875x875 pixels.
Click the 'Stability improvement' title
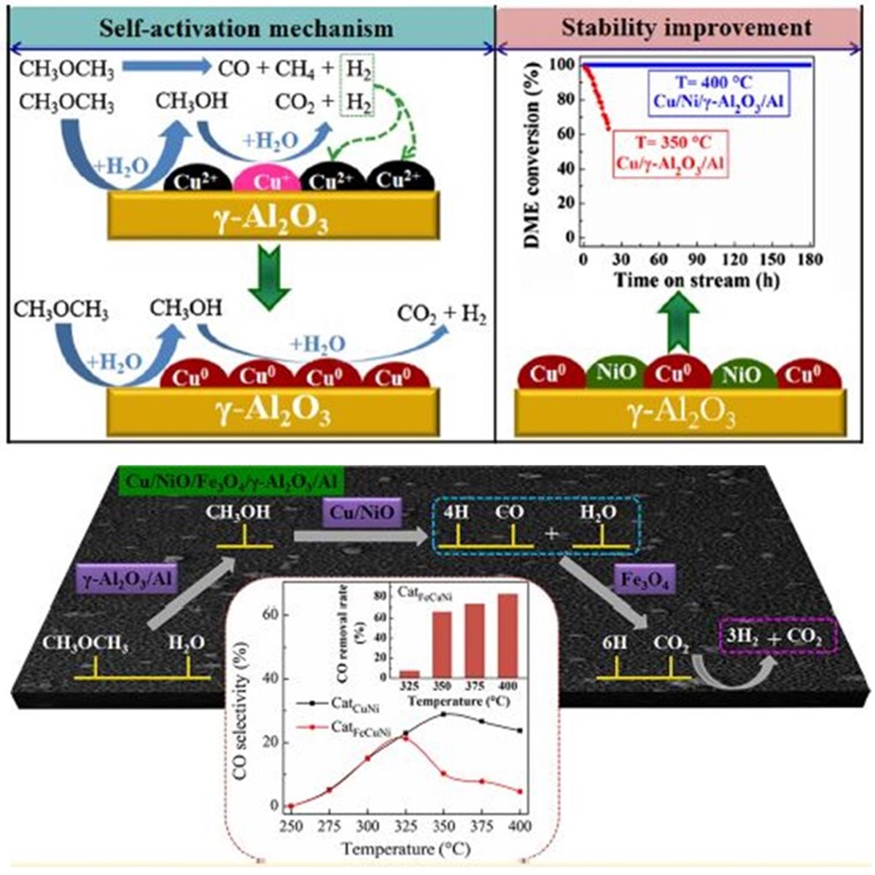pos(686,28)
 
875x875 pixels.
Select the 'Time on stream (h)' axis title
pos(698,280)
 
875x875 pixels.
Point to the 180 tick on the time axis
pos(810,260)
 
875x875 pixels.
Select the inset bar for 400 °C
pos(507,635)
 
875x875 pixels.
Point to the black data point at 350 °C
pos(443,714)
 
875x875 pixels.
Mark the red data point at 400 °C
pos(520,792)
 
